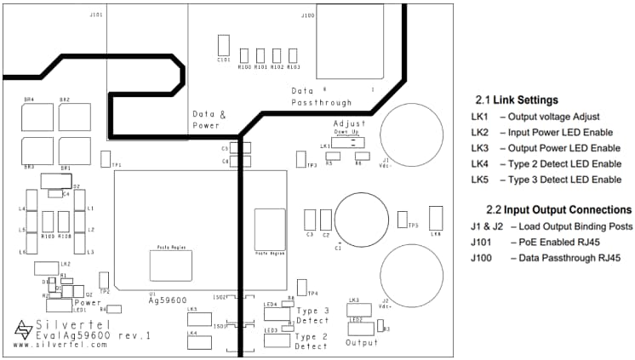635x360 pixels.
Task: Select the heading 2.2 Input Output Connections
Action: click(558, 209)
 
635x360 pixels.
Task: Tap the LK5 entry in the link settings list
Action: click(546, 180)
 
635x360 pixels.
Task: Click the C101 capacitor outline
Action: click(224, 45)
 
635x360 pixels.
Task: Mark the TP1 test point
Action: click(105, 158)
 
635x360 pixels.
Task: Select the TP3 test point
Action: click(300, 159)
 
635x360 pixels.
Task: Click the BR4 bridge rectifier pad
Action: click(37, 117)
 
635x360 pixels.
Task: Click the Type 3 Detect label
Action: click(312, 316)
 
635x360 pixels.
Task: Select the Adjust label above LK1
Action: click(350, 123)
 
